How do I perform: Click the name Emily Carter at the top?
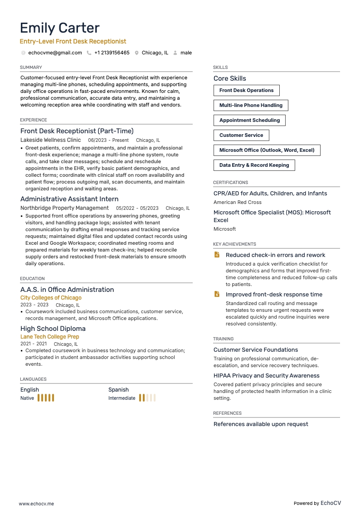pos(60,28)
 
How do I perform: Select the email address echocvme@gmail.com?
pos(55,53)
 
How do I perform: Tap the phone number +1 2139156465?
pos(112,53)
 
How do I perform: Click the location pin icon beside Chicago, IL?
pos(136,53)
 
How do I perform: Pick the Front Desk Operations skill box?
pos(246,90)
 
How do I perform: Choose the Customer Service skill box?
pos(241,135)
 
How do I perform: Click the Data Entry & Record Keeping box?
pos(254,165)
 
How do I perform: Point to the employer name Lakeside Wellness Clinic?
pos(50,140)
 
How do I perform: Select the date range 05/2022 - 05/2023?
pos(137,208)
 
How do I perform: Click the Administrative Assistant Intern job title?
pos(69,199)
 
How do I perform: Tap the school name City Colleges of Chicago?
pos(51,298)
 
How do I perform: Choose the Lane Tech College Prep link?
pos(49,337)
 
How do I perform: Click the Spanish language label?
pos(118,390)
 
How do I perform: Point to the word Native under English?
pos(27,398)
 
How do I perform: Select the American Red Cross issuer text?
pos(237,202)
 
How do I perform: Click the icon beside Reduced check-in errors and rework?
pos(217,255)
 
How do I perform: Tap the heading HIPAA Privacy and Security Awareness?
pos(266,376)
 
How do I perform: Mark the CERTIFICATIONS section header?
pos(230,183)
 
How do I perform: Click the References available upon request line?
pos(261,424)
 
